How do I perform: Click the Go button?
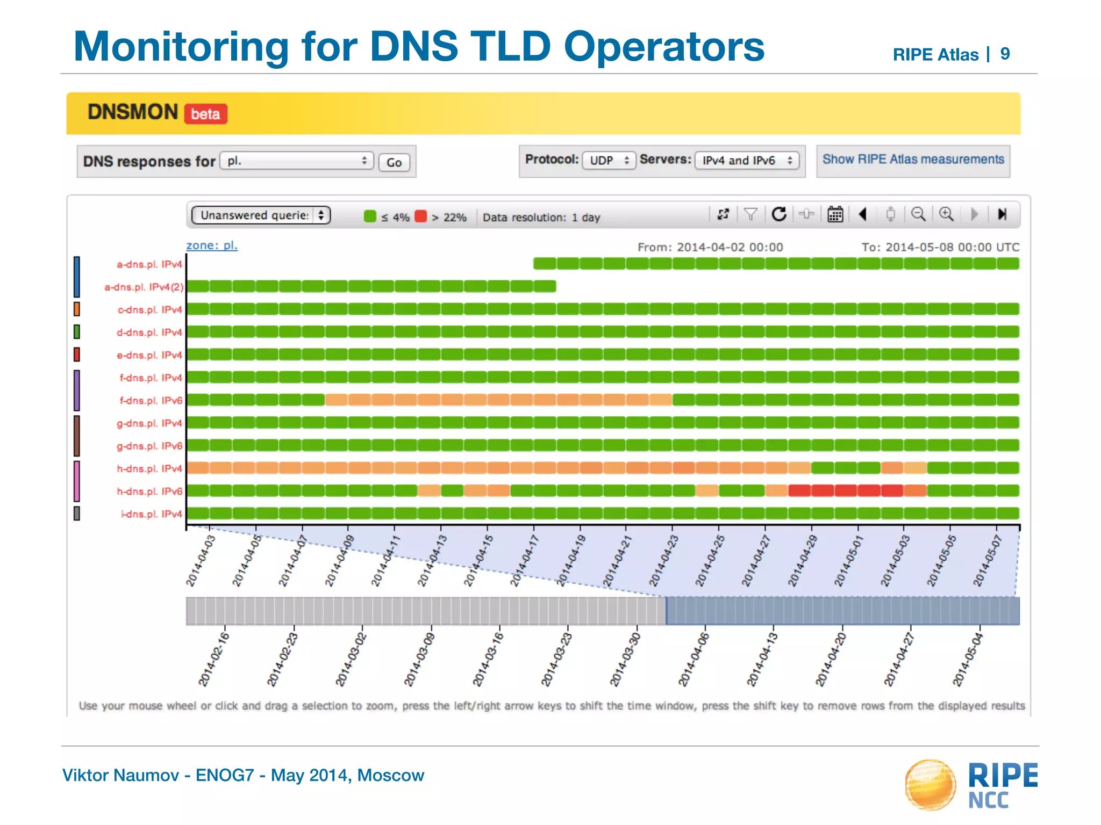(x=394, y=162)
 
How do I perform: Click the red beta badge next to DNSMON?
(x=205, y=114)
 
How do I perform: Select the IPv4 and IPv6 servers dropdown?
(x=746, y=160)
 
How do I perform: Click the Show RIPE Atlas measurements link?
(x=913, y=160)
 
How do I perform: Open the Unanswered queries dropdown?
(x=261, y=215)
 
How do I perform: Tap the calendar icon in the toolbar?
(x=835, y=214)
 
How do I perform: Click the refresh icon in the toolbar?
(x=779, y=214)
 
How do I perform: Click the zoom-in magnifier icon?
(x=946, y=214)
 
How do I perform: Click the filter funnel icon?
(x=750, y=214)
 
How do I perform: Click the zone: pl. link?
(x=212, y=245)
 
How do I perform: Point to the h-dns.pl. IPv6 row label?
(x=149, y=491)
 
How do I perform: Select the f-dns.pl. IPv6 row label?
(x=151, y=401)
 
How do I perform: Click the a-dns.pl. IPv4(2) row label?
(x=144, y=287)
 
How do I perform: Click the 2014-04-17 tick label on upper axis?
(x=524, y=560)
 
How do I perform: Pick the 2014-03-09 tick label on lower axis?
(x=419, y=660)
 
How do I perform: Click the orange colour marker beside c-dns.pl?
(x=77, y=309)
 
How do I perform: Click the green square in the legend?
(x=370, y=216)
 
